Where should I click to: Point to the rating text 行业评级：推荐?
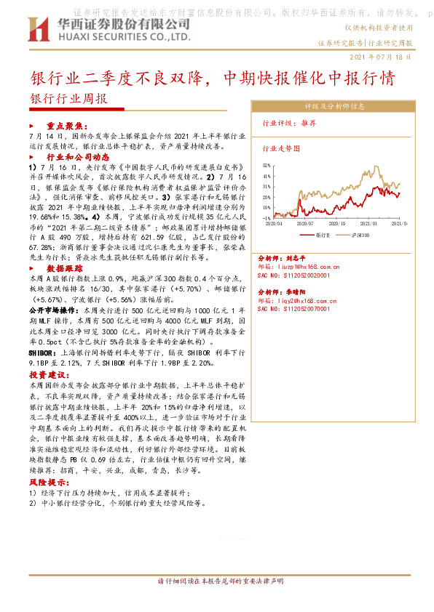tap(289, 123)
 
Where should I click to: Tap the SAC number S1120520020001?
tap(300, 275)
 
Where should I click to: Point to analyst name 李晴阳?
tap(295, 291)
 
